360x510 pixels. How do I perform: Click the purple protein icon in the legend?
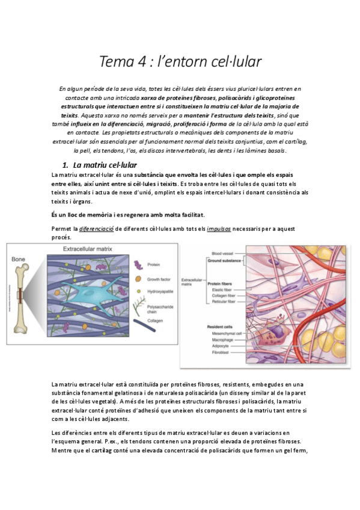pos(138,265)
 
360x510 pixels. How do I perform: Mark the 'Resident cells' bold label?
pos(219,327)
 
